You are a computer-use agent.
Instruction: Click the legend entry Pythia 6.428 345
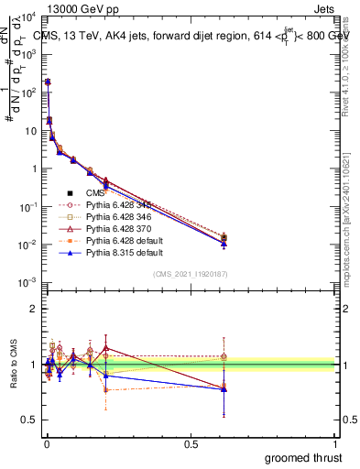(118, 205)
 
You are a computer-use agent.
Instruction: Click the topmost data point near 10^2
(47, 82)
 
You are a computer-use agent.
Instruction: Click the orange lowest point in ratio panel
(107, 390)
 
